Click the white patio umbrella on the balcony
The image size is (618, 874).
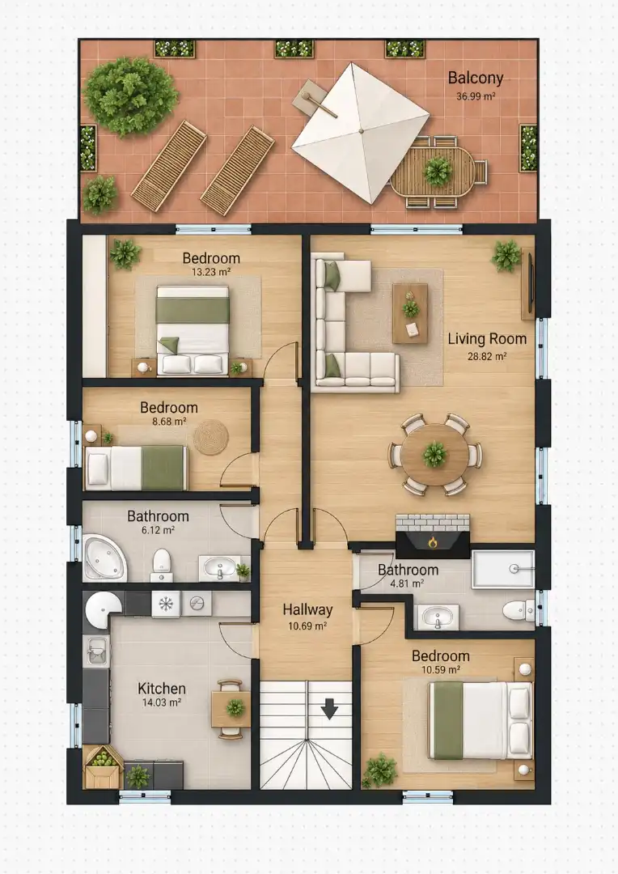[361, 132]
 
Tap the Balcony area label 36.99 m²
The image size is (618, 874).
[476, 95]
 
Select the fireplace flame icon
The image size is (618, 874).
[433, 541]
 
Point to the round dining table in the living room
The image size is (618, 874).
[434, 454]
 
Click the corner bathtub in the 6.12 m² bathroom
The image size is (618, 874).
[105, 558]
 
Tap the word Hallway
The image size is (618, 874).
[307, 610]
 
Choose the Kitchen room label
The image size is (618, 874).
[162, 689]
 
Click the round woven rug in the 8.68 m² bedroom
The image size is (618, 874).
[211, 437]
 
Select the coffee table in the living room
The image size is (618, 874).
[411, 313]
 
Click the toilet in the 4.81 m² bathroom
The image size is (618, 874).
[519, 611]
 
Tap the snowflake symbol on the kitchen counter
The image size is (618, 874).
[166, 605]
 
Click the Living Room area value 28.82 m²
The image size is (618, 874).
[487, 357]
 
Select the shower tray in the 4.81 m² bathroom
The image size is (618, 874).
[503, 569]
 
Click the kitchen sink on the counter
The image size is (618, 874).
[97, 650]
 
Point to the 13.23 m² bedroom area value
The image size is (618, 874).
[211, 272]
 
